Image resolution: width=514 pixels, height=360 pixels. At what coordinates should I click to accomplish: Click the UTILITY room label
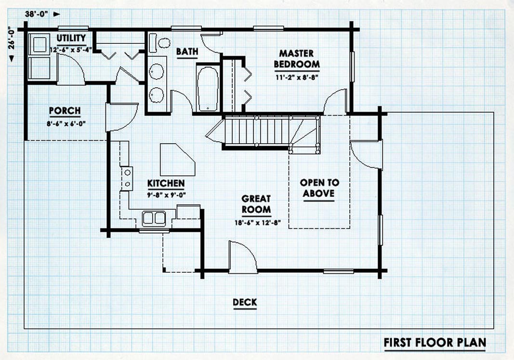[x=71, y=38]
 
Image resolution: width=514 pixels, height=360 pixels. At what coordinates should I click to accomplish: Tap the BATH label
[x=187, y=52]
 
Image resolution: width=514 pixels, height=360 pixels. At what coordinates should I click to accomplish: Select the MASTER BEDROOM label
[x=297, y=58]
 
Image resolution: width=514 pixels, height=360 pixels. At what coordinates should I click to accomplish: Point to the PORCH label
[x=65, y=111]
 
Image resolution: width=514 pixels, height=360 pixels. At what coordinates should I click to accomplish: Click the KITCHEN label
[x=166, y=183]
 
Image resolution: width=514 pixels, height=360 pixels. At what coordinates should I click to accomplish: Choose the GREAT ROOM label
[x=256, y=204]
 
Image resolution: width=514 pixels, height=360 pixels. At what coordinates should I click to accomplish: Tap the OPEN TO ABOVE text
[x=319, y=188]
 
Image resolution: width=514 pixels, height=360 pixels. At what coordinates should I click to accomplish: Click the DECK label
[x=245, y=302]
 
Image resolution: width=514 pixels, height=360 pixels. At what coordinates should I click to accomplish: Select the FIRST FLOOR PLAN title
[x=435, y=343]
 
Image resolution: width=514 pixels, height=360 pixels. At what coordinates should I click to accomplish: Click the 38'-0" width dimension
[x=37, y=14]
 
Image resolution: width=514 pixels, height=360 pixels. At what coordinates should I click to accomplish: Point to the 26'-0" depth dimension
[x=12, y=38]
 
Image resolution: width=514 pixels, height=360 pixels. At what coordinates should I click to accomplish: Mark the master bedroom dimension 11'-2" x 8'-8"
[x=297, y=78]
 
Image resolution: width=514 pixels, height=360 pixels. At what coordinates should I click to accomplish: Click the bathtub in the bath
[x=208, y=89]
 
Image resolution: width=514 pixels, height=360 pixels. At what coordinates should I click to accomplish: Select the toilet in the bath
[x=160, y=43]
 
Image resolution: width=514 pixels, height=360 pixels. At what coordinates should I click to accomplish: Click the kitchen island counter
[x=177, y=160]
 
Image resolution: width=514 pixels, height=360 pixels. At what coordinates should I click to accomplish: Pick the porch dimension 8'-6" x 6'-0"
[x=66, y=123]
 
